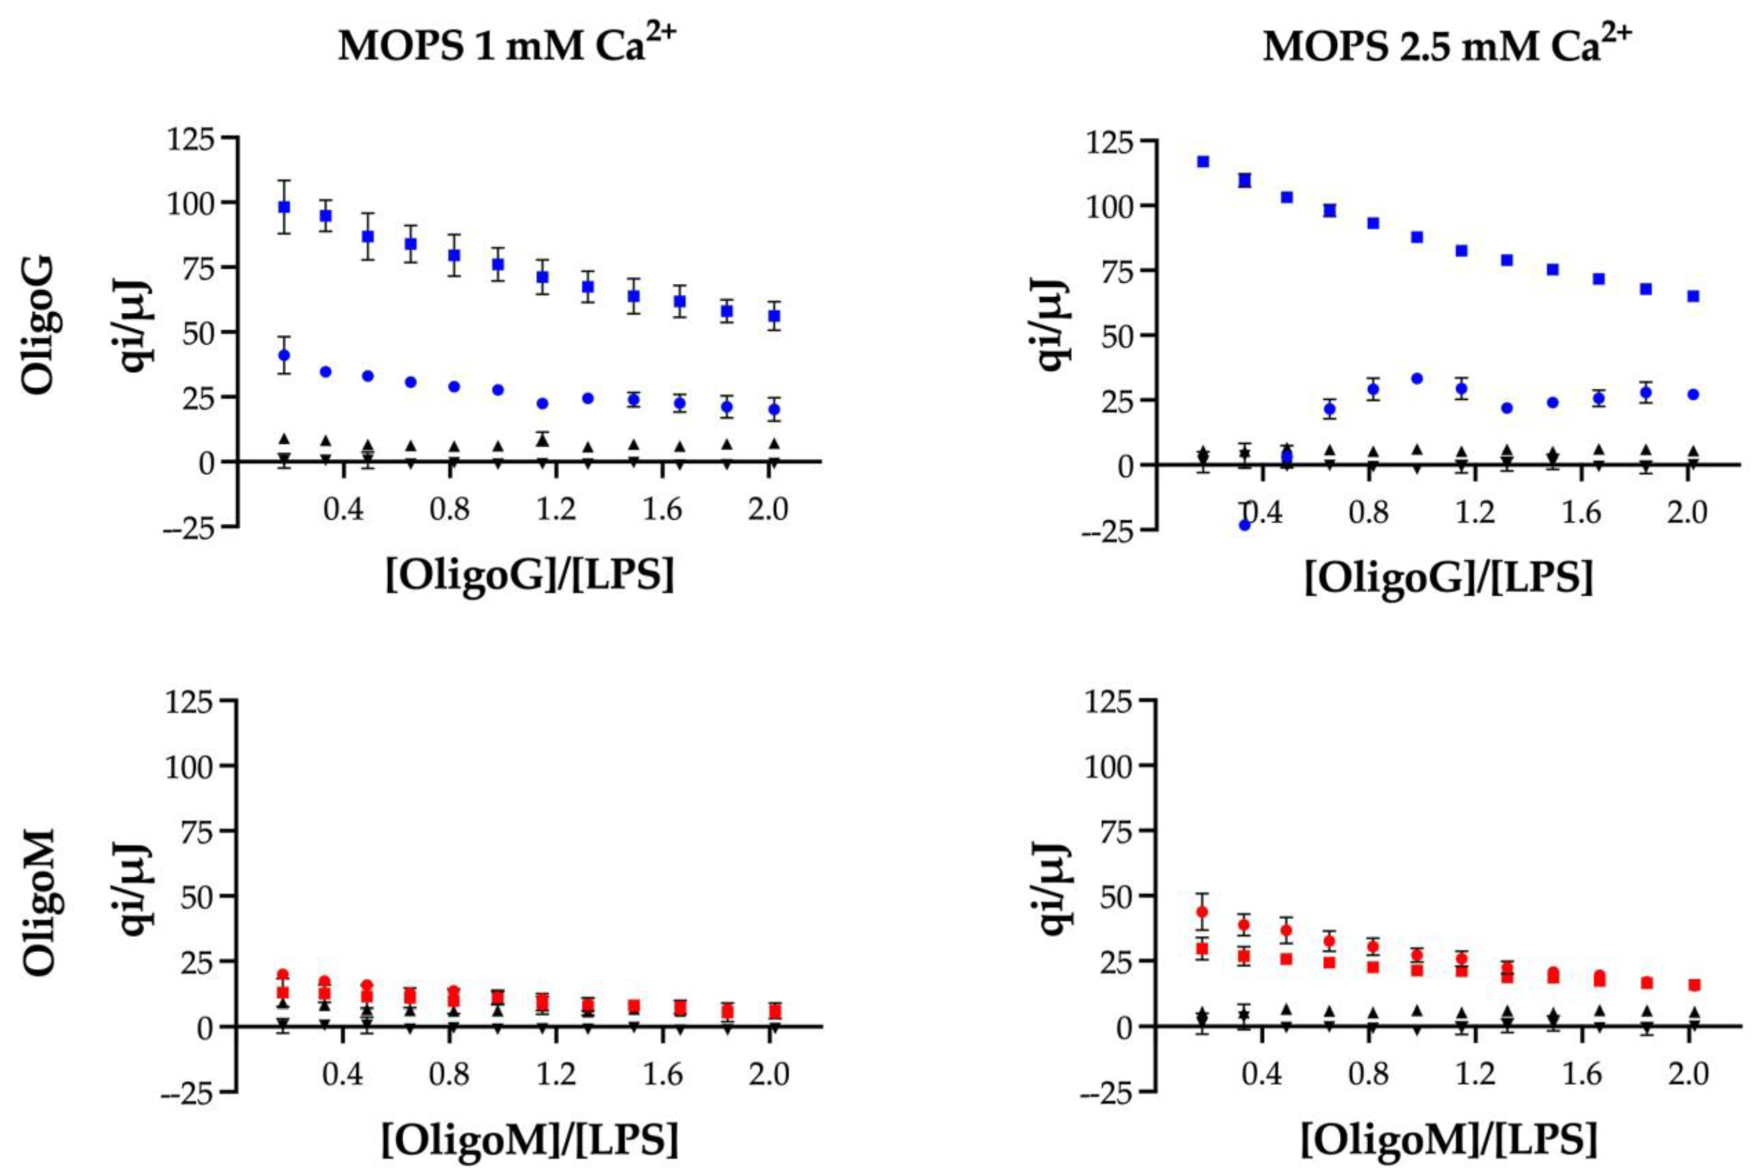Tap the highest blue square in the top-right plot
point(1203,161)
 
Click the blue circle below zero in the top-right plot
point(1245,525)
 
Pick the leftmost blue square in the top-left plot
point(284,207)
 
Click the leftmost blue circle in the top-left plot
point(284,355)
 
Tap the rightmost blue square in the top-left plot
point(774,316)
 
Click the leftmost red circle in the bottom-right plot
point(1202,912)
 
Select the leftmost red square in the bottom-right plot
point(1202,949)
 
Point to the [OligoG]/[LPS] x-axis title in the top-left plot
point(530,576)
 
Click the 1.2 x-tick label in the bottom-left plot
point(555,1074)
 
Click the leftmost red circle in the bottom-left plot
point(282,975)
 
